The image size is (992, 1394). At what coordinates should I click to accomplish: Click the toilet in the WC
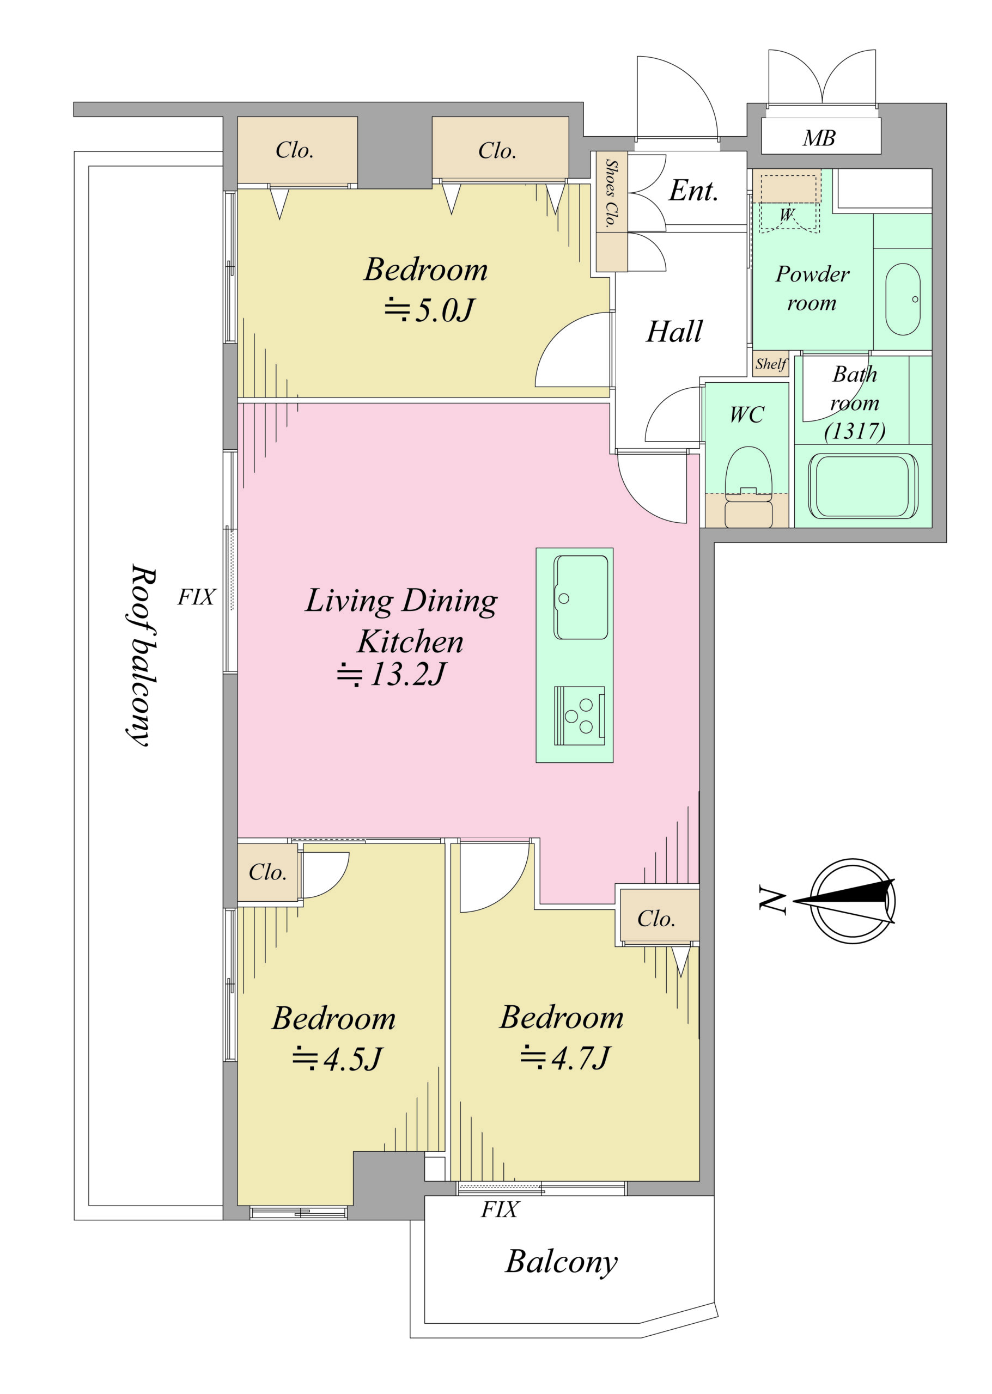(748, 487)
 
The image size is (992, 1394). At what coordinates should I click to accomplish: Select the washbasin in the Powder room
(902, 299)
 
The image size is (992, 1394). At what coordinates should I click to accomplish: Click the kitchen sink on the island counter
(580, 597)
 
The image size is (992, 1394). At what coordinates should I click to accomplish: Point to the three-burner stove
(579, 716)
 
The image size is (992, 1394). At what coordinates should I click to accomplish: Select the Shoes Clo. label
(611, 193)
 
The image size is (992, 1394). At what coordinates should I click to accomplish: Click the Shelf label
(770, 364)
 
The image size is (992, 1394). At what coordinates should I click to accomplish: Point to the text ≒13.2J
(392, 675)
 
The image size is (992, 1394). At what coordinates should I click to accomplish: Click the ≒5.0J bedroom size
(429, 310)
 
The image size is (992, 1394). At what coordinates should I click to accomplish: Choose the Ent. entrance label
(693, 191)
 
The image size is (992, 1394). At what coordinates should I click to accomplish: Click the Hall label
(674, 332)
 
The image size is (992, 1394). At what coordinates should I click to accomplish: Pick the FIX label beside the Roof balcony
(196, 597)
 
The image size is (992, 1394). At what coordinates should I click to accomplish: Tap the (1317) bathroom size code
(855, 431)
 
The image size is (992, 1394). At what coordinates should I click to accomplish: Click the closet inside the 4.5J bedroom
(267, 872)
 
